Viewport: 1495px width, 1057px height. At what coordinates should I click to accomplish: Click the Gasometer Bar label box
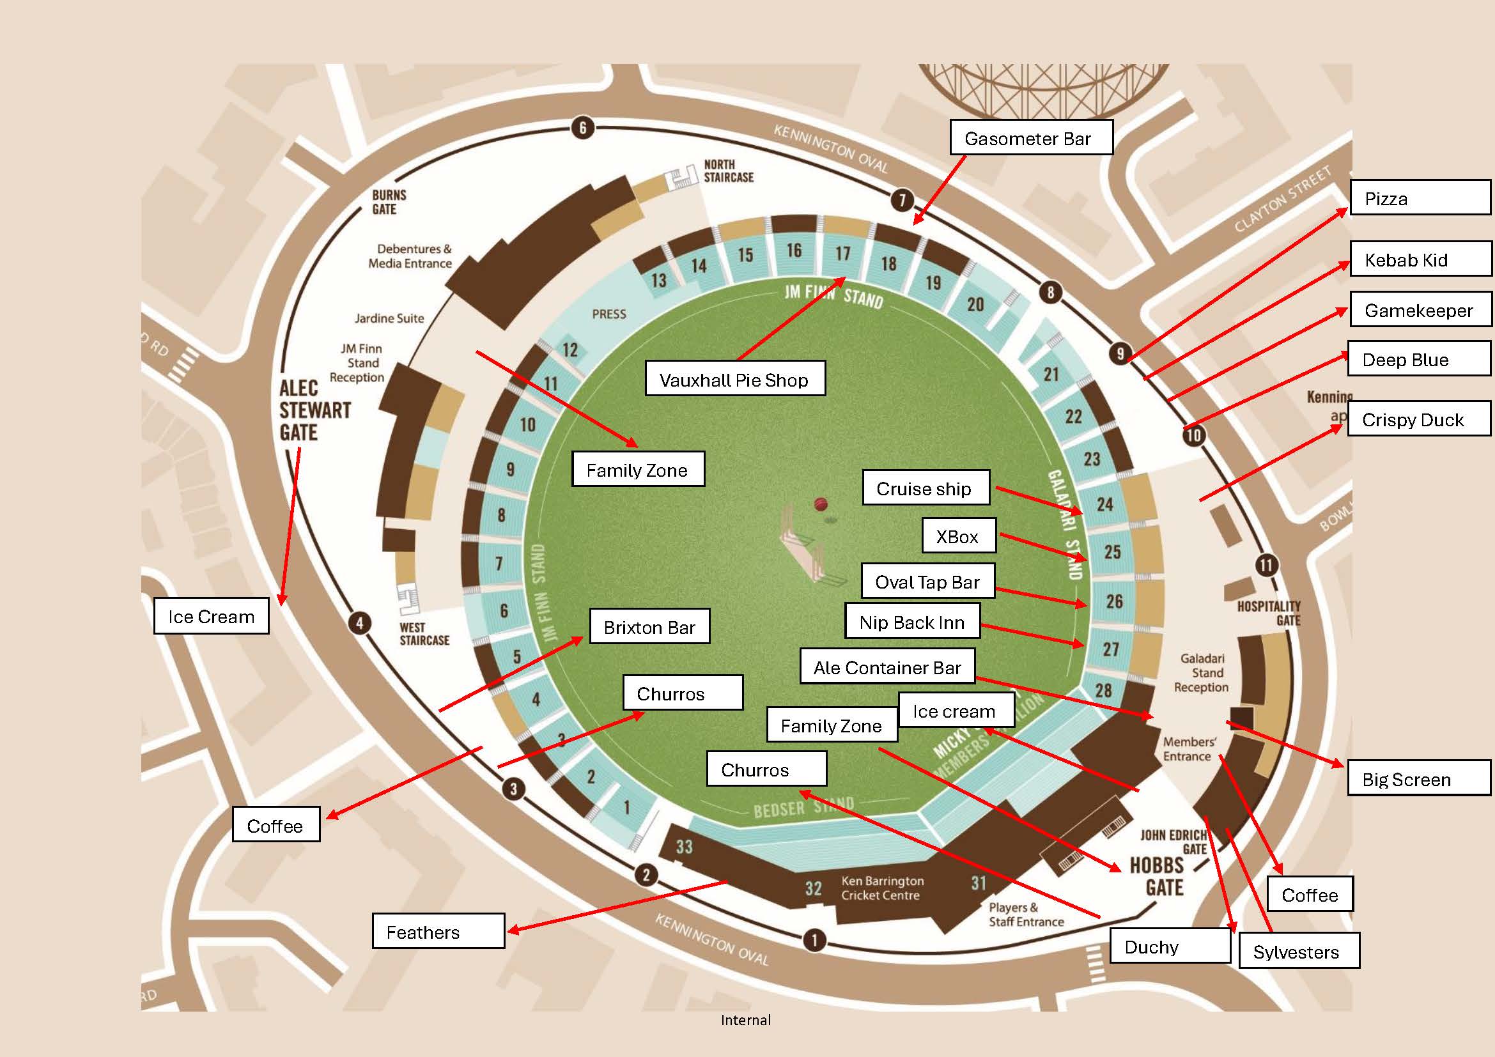point(1031,137)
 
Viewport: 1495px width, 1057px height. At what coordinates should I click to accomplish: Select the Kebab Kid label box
point(1420,259)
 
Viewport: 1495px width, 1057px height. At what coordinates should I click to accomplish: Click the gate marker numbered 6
point(583,128)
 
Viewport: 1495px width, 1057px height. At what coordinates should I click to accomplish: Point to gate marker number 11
point(1266,564)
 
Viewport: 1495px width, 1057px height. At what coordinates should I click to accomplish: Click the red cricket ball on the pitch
point(821,504)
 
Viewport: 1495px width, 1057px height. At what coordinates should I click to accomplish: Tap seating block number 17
point(842,253)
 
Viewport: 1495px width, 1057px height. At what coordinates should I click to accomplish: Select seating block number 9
point(510,468)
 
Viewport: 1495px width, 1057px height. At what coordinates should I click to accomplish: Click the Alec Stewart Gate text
point(314,410)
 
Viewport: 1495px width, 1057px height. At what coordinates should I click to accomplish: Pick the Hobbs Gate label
point(1165,876)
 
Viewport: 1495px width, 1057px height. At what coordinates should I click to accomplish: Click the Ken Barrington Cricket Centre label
point(881,888)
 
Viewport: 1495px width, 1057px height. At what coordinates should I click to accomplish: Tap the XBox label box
point(959,536)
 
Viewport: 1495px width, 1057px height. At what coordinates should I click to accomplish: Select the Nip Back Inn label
point(912,622)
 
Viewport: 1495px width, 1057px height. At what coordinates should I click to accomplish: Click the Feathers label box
point(438,931)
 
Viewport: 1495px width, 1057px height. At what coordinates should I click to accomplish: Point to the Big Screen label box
point(1418,778)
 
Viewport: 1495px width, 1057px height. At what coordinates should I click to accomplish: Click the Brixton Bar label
point(649,627)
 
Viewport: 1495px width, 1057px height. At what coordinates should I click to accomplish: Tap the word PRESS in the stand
point(609,314)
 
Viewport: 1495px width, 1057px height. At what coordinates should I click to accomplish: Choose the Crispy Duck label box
point(1418,419)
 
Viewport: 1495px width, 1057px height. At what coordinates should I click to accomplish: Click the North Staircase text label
point(728,171)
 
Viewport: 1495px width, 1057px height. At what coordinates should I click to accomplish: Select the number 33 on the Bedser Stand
point(684,847)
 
